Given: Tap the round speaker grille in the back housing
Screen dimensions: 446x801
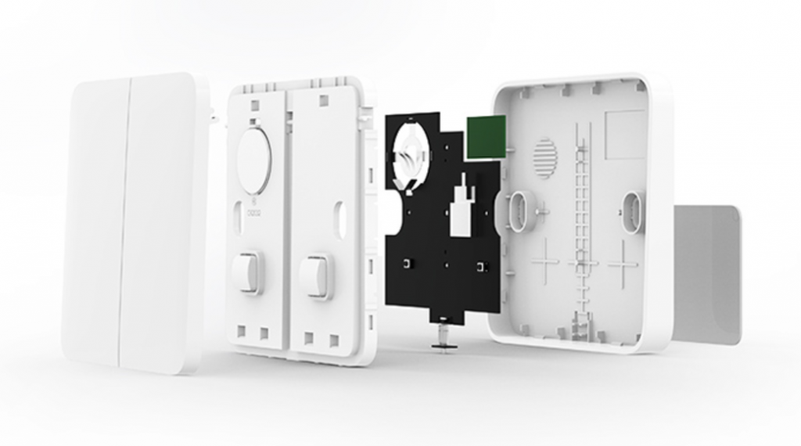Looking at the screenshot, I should click(x=544, y=157).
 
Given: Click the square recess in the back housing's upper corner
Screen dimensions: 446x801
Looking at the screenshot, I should click(x=625, y=134).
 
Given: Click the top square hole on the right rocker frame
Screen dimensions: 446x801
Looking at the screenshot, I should click(x=322, y=100).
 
